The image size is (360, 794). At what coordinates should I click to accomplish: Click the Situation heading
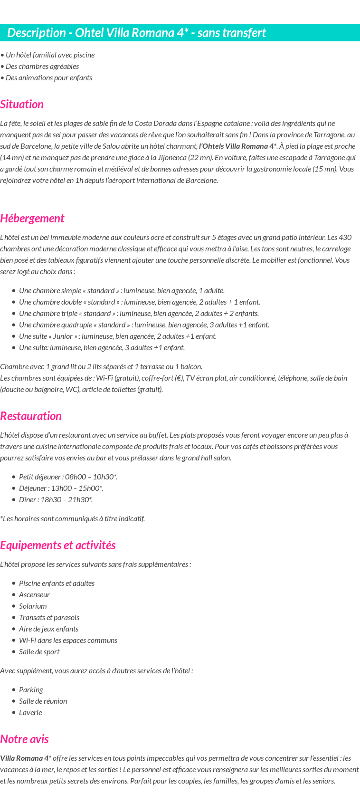(x=22, y=105)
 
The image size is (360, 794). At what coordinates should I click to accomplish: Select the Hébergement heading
(x=32, y=219)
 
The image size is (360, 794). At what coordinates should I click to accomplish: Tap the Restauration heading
(x=31, y=416)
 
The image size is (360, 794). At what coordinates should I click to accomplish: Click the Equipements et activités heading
(x=58, y=545)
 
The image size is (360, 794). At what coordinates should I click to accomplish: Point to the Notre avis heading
(x=24, y=739)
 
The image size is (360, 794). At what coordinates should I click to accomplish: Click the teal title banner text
(x=136, y=33)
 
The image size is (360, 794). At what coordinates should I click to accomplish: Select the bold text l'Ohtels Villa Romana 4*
(x=237, y=146)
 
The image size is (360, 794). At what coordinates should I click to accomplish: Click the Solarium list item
(x=33, y=606)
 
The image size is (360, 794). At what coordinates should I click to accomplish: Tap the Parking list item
(x=31, y=690)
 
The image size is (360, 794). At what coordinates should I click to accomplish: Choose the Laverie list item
(x=30, y=713)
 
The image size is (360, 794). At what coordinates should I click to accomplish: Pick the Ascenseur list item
(x=34, y=595)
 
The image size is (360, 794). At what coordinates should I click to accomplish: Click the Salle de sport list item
(x=39, y=652)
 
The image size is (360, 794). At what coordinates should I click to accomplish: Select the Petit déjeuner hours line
(x=68, y=477)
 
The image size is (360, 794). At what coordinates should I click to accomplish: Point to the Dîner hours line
(x=56, y=500)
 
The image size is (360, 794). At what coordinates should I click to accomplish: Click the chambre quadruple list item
(x=144, y=325)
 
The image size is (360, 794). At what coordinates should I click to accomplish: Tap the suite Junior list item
(x=117, y=336)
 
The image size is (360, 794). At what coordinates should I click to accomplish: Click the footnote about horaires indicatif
(x=72, y=519)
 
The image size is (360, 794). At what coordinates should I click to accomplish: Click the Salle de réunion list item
(x=43, y=701)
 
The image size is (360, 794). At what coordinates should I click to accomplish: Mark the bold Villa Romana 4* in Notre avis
(x=26, y=758)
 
